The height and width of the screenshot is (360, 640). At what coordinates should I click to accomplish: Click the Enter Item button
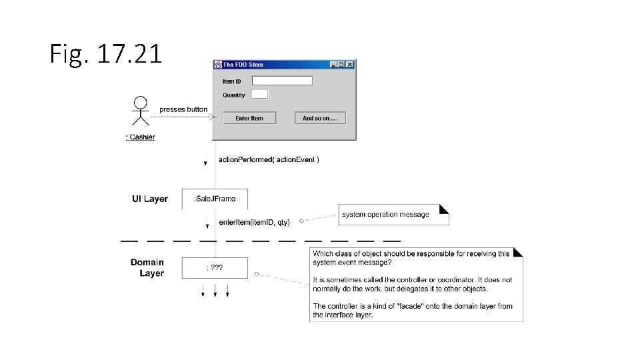coord(249,118)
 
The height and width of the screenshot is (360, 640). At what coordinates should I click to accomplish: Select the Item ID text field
coord(282,81)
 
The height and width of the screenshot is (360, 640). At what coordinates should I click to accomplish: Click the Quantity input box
coord(259,94)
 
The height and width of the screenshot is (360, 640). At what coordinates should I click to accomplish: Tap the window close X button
coord(349,65)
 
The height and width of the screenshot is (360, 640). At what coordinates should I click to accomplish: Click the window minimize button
coord(334,65)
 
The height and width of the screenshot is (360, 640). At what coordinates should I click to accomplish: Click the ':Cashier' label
coord(140,137)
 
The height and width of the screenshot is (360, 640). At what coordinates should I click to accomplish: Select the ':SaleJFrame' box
coord(214,199)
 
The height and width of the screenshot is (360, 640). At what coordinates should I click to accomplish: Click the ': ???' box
coord(214,268)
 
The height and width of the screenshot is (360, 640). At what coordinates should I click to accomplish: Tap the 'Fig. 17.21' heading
coord(106,53)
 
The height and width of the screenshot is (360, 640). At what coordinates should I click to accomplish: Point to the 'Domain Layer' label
coord(147,268)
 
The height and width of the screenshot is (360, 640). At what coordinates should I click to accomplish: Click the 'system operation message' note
coord(393,215)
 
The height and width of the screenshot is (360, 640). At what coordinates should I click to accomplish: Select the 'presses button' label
coord(183,109)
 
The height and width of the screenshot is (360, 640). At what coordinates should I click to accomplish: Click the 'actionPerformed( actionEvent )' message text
coord(269,160)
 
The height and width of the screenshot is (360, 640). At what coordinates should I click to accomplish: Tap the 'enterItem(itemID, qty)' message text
coord(254,222)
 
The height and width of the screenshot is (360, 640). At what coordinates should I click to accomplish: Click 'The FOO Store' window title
coord(243,65)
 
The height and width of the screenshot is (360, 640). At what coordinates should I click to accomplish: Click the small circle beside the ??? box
coord(257,274)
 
